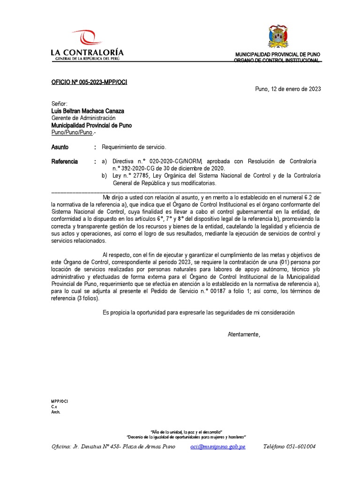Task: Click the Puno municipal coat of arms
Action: click(278, 37)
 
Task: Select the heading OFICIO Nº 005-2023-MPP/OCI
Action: click(89, 82)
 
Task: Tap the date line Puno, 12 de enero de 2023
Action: click(288, 89)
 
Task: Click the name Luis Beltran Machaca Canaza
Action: click(88, 111)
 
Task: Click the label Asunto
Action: click(60, 147)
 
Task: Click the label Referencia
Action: click(64, 162)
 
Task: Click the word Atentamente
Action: click(244, 334)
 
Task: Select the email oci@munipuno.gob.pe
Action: click(217, 447)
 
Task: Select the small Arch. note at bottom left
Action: click(56, 412)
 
